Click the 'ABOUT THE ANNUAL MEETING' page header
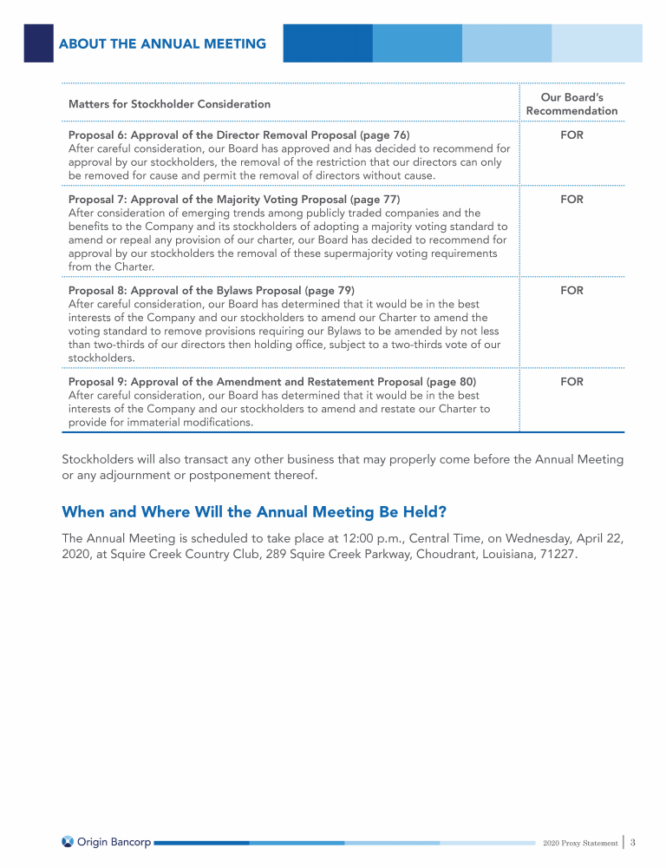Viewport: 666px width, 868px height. pyautogui.click(x=162, y=44)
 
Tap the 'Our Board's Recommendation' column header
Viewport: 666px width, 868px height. pyautogui.click(x=571, y=104)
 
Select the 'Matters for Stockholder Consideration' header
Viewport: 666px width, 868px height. pyautogui.click(x=169, y=104)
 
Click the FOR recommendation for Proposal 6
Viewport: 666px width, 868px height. pyautogui.click(x=571, y=135)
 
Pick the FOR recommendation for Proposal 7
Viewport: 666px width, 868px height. pyautogui.click(x=571, y=200)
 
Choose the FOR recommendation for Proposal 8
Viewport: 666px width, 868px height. pyautogui.click(x=571, y=291)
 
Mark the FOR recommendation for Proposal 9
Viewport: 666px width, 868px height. pyautogui.click(x=571, y=382)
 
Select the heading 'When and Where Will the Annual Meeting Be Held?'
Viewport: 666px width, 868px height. pyautogui.click(x=254, y=511)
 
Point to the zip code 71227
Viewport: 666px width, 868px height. pyautogui.click(x=555, y=554)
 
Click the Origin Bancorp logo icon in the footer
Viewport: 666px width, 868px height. pyautogui.click(x=68, y=841)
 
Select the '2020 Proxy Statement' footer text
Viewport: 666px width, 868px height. pyautogui.click(x=580, y=843)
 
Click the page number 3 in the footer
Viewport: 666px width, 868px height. pyautogui.click(x=633, y=842)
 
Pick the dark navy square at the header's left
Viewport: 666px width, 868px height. pyautogui.click(x=38, y=43)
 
